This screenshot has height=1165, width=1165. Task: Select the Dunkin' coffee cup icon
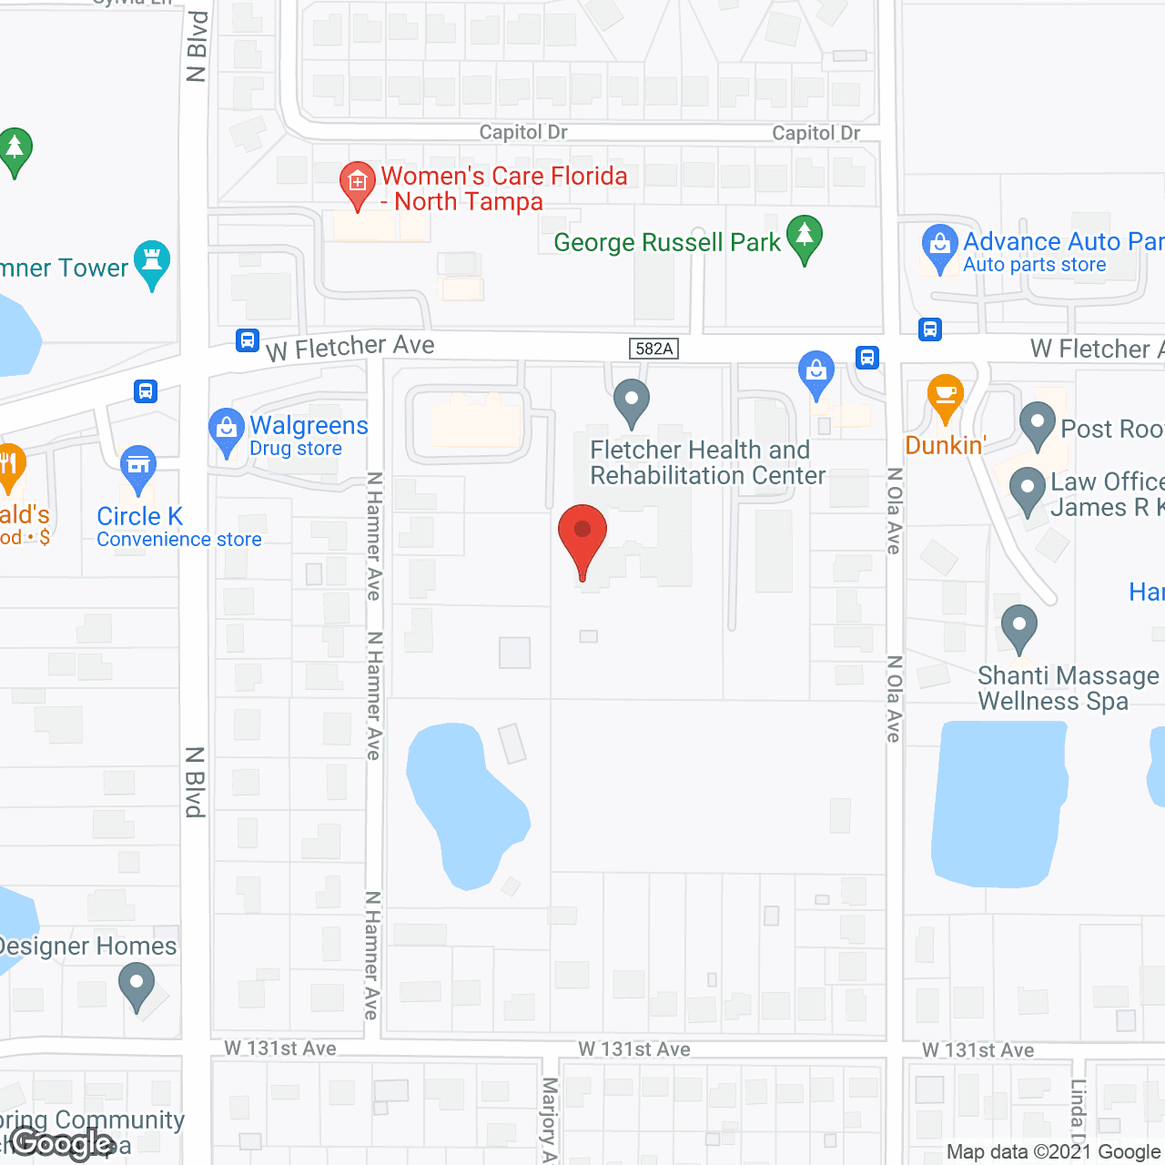(946, 395)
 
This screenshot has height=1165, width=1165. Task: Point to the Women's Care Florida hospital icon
(358, 183)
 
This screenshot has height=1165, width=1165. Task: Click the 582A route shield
(653, 349)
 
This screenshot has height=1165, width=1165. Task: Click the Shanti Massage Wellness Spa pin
(1018, 626)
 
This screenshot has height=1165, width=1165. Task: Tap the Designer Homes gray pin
(137, 985)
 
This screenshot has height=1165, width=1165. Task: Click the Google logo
(62, 1143)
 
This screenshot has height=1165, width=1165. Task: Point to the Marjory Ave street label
(549, 1119)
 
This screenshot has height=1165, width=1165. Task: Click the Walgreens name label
(309, 425)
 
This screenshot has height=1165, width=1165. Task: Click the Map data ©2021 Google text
(1053, 1152)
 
